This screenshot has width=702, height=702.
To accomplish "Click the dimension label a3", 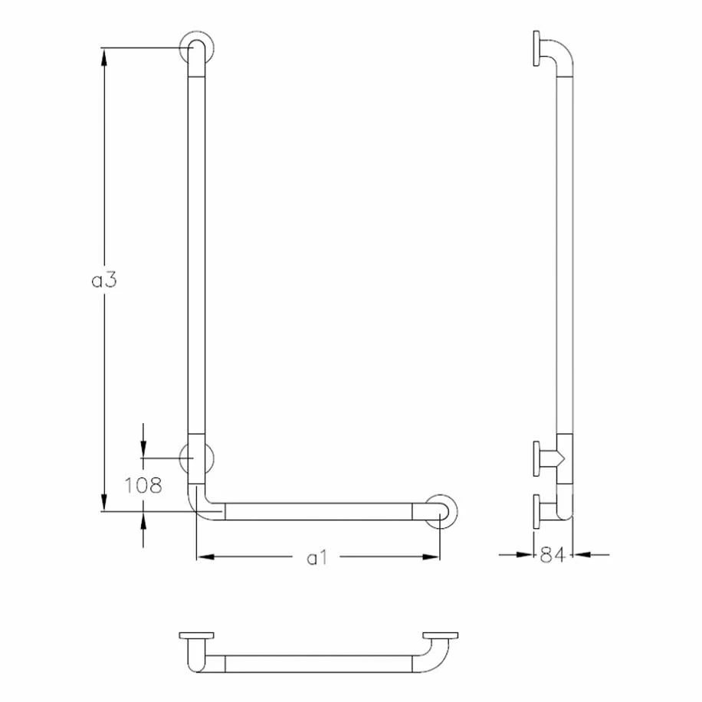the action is [104, 280].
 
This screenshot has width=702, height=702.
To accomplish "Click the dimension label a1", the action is [317, 558].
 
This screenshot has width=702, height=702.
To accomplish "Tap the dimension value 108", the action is [143, 485].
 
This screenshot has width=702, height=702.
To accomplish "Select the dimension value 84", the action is [553, 555].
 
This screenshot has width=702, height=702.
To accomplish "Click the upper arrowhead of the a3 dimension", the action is [104, 57].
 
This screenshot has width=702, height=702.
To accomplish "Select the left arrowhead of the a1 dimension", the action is [205, 557].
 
